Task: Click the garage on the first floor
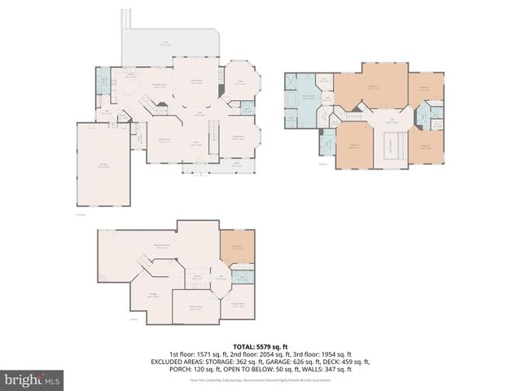[x=103, y=166]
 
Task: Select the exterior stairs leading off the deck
[x=127, y=18]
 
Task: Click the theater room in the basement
[x=195, y=307]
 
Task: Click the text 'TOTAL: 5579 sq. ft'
[x=260, y=346]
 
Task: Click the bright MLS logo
[x=33, y=379]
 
